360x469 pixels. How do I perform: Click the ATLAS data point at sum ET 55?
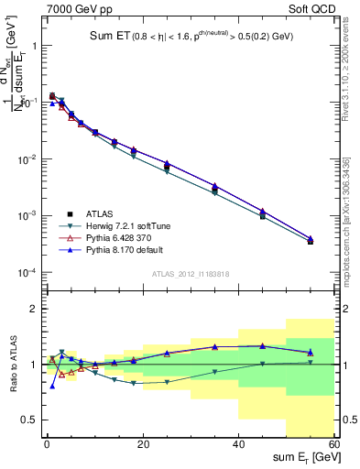(311, 242)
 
